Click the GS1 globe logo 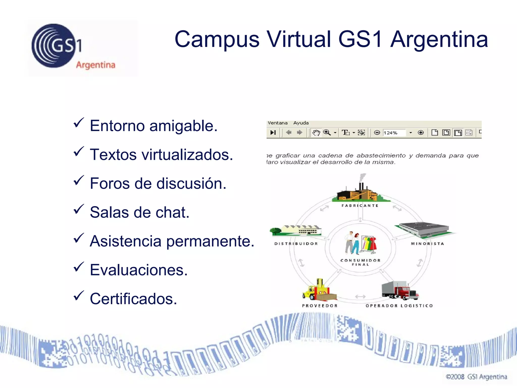coord(54,46)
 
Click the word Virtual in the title coord(299,39)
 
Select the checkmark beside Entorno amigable coord(79,123)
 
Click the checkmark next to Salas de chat coord(79,209)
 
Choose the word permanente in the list coord(210,241)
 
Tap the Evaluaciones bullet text coord(139,270)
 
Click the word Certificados coord(133,299)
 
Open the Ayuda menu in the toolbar coord(301,123)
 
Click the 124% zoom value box coord(394,133)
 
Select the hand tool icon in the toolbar coord(316,133)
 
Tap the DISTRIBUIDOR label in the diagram coord(296,244)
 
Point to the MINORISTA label coord(427,244)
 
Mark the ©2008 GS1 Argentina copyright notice coord(476,377)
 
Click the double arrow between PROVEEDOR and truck coord(360,297)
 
